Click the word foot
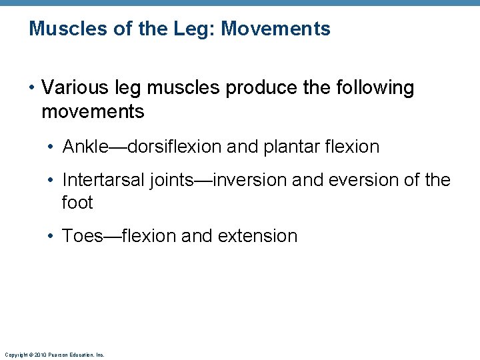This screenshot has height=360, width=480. [77, 202]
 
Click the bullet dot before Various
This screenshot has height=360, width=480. [32, 88]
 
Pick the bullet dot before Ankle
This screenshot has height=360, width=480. [53, 147]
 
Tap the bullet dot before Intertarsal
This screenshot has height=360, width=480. [53, 181]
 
